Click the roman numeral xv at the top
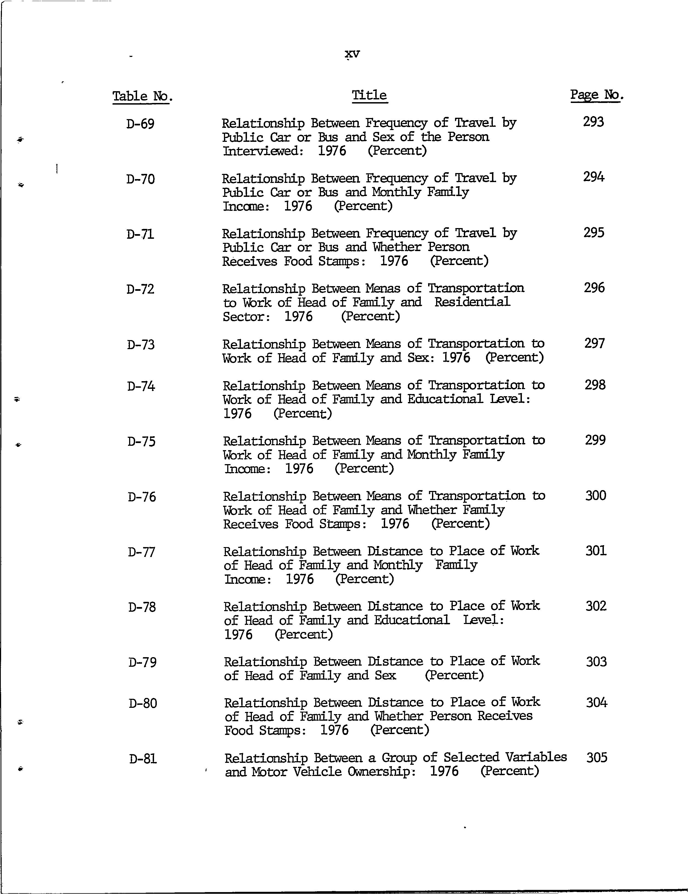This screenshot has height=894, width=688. click(x=352, y=54)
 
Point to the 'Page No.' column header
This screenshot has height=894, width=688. click(x=597, y=95)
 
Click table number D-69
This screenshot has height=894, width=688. click(x=140, y=123)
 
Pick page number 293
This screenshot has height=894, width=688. click(x=593, y=122)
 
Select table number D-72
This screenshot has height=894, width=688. click(x=140, y=289)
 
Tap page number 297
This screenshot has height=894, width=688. click(x=595, y=343)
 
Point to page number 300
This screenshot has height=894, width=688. click(x=595, y=496)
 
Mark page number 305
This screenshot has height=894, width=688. click(x=597, y=757)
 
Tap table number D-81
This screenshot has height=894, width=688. click(x=143, y=759)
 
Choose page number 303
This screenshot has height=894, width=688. click(x=596, y=662)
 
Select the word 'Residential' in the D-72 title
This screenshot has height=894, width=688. click(x=472, y=302)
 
